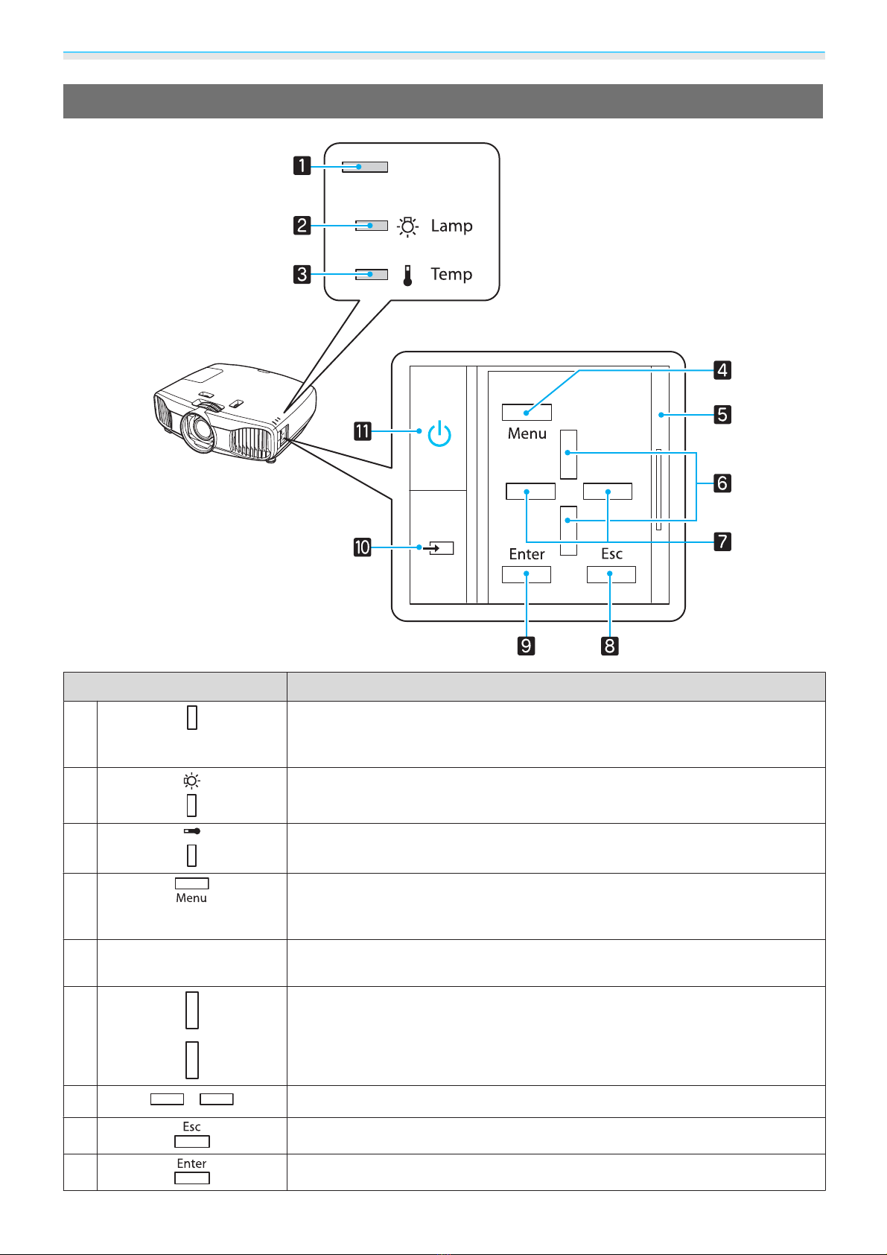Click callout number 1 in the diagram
pos(302,165)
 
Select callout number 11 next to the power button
pos(363,431)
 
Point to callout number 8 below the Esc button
pos(609,645)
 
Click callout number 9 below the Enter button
pos(527,645)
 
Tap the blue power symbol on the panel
pos(439,433)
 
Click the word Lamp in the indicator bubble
pos(451,226)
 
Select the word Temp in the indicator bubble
pos(451,274)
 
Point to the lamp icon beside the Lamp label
pos(408,226)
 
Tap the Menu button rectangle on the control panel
pos(527,412)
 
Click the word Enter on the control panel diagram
pos(527,553)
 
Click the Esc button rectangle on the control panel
pos(611,574)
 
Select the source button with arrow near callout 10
pos(439,548)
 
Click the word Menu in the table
pos(191,898)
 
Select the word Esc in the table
pos(191,1127)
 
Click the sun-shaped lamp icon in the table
pos(191,781)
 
